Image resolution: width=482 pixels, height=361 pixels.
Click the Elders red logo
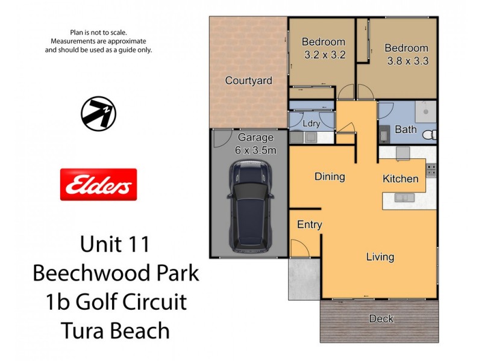coord(99,184)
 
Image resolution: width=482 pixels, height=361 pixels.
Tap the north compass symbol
coord(98,113)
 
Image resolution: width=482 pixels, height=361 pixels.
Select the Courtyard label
coord(249,80)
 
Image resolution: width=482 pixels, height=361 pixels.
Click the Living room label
coord(380,257)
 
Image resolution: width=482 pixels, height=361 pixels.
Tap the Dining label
coord(330,177)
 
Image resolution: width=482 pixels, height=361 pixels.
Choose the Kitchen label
coord(401,179)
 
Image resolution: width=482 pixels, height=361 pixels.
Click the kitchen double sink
coord(402,198)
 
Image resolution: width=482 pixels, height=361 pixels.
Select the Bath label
coord(405,129)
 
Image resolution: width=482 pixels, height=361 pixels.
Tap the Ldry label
coord(311,123)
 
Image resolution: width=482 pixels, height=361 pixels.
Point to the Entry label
coord(310,225)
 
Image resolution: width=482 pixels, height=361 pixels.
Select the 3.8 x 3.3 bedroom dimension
coord(408,61)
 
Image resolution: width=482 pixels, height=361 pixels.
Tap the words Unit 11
coord(114,245)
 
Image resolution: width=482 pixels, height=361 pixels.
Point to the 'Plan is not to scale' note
coord(99,32)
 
